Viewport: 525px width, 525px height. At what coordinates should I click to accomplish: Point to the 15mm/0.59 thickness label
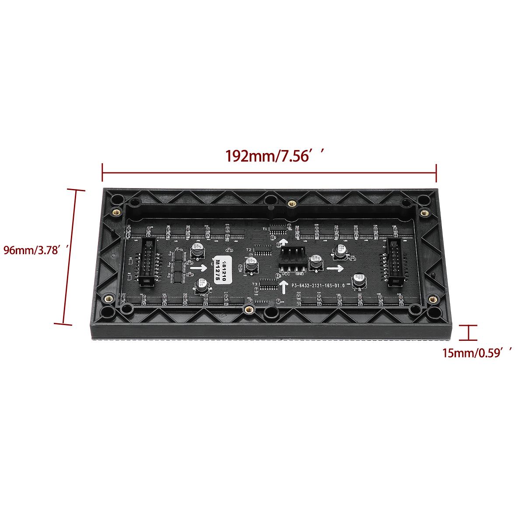477,353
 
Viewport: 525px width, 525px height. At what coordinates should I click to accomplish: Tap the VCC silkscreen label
285,274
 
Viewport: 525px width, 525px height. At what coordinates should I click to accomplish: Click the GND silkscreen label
300,274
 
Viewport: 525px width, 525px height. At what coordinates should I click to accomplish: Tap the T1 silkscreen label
265,229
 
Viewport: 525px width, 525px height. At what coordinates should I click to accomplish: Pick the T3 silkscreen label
255,284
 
